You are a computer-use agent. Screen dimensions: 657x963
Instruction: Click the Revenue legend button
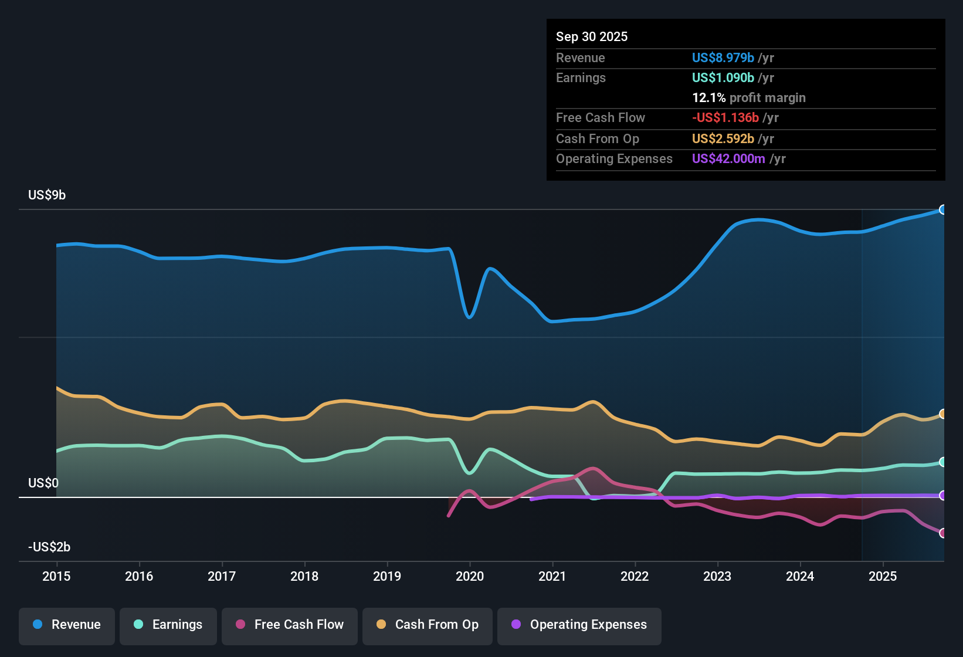[x=67, y=625]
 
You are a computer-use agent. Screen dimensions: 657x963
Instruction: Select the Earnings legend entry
[x=168, y=625]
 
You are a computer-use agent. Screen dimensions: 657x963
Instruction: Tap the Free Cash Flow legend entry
[x=290, y=625]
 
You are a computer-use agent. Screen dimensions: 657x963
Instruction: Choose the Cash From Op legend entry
[x=428, y=625]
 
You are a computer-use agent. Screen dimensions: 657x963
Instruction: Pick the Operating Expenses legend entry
[x=579, y=625]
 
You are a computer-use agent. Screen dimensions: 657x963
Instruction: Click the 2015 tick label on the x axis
[x=56, y=577]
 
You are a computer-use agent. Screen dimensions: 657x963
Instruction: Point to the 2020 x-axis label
[x=470, y=577]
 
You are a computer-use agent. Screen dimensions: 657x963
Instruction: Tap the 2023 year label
[x=717, y=577]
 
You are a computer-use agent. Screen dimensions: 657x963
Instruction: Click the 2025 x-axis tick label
[x=883, y=577]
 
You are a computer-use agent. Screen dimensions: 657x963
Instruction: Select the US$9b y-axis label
[x=47, y=195]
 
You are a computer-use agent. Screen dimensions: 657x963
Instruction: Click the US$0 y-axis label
[x=43, y=483]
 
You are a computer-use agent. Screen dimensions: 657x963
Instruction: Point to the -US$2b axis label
[x=49, y=547]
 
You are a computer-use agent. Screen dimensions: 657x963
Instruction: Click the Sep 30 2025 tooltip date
[x=592, y=37]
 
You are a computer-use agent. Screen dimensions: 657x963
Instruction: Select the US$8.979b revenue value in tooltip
[x=723, y=58]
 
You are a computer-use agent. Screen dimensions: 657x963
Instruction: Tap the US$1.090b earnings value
[x=723, y=78]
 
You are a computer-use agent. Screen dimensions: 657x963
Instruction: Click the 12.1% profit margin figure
[x=709, y=98]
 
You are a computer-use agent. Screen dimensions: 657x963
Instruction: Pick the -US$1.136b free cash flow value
[x=725, y=118]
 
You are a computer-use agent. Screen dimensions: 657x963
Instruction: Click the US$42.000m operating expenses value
[x=728, y=159]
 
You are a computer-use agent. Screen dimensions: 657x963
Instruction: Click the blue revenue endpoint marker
[x=942, y=209]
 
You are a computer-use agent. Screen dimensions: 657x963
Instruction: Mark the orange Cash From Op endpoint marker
[x=942, y=414]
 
